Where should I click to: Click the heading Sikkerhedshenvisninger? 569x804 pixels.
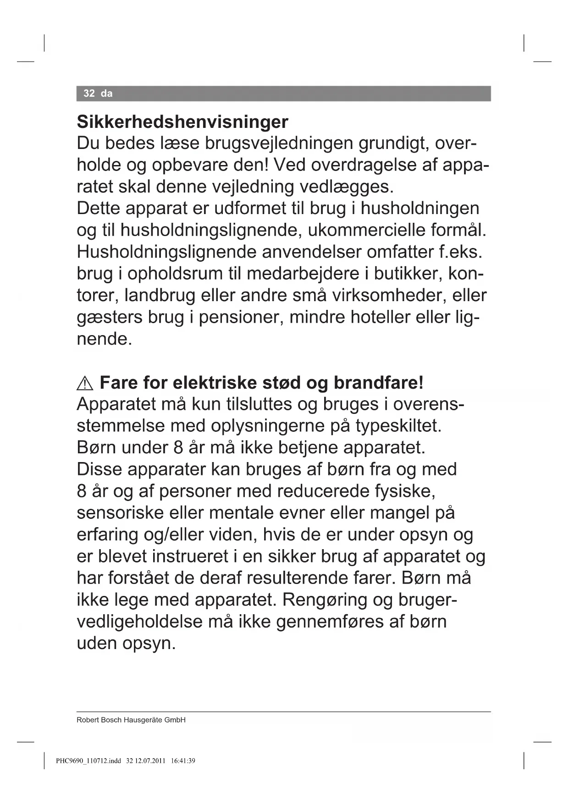(x=182, y=122)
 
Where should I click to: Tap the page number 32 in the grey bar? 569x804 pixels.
(x=89, y=94)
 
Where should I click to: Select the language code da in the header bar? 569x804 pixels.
(x=106, y=94)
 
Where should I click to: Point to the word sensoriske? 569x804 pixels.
(x=120, y=512)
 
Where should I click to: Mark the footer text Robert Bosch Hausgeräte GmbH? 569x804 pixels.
(x=131, y=720)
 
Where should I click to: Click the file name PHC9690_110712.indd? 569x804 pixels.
(x=88, y=761)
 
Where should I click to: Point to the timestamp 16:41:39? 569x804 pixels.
(x=183, y=761)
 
